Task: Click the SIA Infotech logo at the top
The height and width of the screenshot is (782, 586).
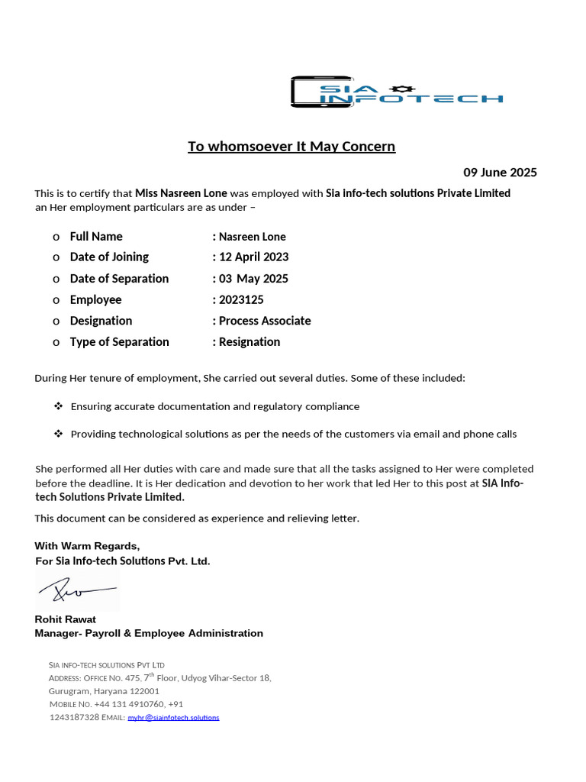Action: tap(396, 92)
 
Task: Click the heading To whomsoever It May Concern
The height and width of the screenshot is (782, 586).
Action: tap(291, 146)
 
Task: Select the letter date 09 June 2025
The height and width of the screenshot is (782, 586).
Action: tap(500, 173)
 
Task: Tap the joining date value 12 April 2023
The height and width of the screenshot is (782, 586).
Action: tap(253, 257)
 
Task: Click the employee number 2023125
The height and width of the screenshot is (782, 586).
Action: tap(241, 300)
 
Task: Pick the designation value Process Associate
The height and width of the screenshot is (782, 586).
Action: tap(265, 321)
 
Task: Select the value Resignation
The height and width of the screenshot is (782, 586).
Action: tap(250, 342)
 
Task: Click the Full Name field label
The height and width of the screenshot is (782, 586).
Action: tap(96, 237)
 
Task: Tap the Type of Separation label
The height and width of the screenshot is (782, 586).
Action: tap(120, 342)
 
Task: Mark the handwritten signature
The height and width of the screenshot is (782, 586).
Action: tap(76, 590)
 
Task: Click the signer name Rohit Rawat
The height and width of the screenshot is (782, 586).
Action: tap(66, 619)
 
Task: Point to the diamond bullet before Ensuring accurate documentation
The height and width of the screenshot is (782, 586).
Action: tap(58, 406)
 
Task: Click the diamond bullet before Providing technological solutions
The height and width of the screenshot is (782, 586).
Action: tap(58, 434)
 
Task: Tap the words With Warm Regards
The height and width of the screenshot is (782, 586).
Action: tap(87, 546)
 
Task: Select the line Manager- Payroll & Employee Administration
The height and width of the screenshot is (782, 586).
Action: tap(149, 633)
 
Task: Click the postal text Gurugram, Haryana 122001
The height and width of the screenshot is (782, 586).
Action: tap(104, 690)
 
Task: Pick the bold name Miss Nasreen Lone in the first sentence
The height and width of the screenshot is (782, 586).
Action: tap(181, 193)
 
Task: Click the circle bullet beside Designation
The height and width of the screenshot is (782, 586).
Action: tap(56, 322)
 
